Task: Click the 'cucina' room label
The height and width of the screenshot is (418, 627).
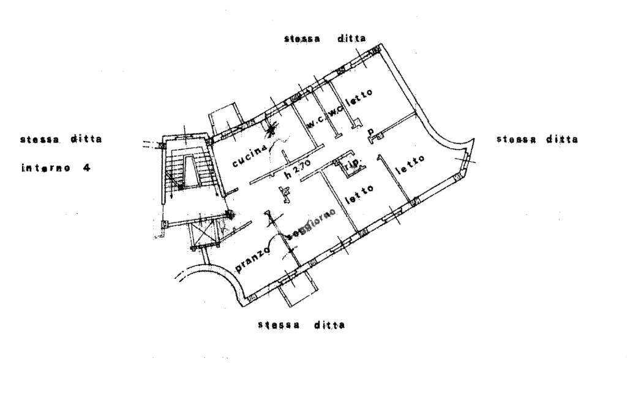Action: click(249, 156)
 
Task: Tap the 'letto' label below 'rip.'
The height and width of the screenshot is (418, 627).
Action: click(359, 192)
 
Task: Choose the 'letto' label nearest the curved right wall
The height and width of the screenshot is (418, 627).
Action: click(410, 165)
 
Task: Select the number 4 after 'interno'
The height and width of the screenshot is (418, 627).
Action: click(86, 167)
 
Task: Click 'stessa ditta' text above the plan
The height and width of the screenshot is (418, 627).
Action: click(325, 38)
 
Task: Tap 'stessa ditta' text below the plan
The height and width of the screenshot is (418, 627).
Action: click(301, 324)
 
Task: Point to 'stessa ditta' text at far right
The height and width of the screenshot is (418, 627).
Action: click(537, 139)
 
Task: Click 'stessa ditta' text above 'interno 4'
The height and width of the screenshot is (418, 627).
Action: click(61, 139)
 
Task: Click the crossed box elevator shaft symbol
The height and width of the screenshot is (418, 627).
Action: click(206, 235)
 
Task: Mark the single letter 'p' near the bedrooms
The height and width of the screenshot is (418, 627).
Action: click(370, 132)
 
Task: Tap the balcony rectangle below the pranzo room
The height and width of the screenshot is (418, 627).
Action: click(297, 292)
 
